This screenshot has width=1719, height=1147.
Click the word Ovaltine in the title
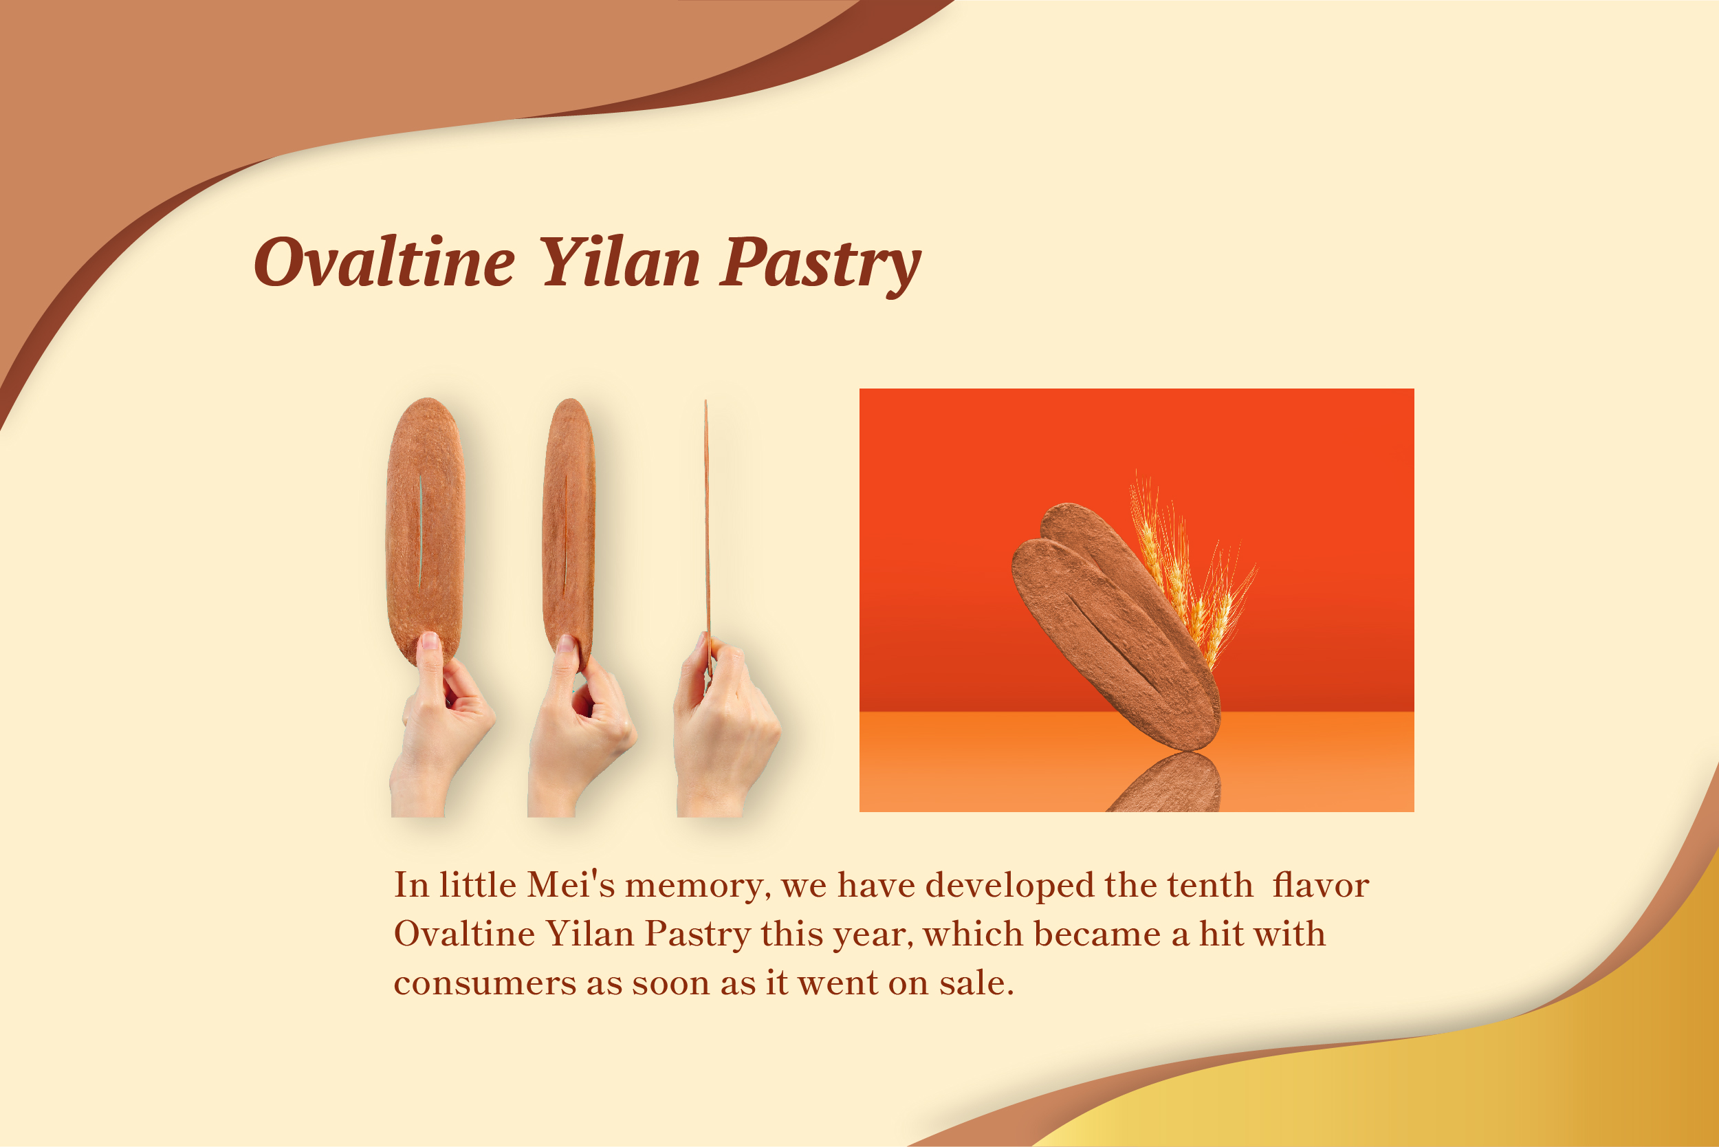pos(384,262)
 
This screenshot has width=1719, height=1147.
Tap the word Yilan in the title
pos(620,262)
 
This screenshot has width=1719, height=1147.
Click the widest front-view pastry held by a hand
pos(425,530)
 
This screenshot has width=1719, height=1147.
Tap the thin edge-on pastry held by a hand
pos(708,534)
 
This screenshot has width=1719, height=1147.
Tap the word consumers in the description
pos(484,983)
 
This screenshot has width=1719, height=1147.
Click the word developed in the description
pos(1016,886)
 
